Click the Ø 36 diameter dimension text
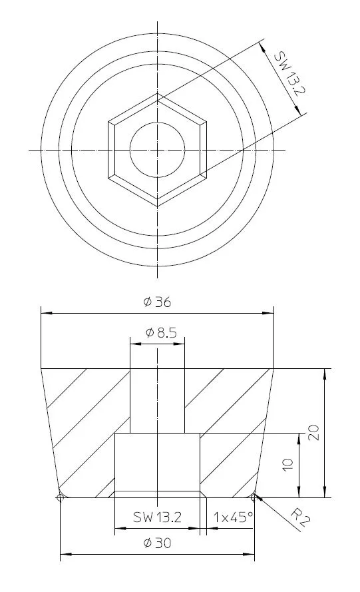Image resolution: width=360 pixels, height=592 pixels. click(158, 302)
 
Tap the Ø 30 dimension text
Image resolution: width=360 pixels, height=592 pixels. click(157, 543)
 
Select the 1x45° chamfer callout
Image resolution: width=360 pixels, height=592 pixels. click(233, 516)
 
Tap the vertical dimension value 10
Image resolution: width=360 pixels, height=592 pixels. click(287, 465)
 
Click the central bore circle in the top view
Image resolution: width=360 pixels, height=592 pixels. click(158, 150)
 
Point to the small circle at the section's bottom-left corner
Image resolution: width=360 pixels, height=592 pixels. click(61, 497)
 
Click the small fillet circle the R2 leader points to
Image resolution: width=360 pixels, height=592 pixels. click(254, 495)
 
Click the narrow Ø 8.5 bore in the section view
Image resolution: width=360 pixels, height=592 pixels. click(157, 400)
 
